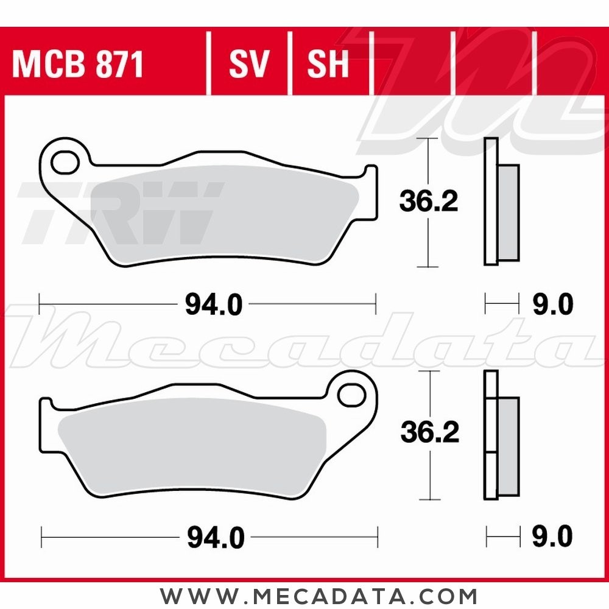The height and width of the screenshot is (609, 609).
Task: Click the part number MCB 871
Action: pos(78,64)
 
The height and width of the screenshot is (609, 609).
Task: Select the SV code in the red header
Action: pos(249,64)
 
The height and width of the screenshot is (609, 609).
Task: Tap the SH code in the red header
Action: pos(328,64)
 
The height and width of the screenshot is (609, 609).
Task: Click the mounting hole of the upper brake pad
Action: pos(65,163)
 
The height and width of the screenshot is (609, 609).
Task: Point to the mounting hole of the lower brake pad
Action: pos(351,395)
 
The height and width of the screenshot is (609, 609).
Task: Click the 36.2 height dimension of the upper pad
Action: pos(429,200)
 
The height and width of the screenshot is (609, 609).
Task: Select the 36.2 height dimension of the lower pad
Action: pos(430,432)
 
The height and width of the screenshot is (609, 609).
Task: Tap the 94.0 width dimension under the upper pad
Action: pos(214,304)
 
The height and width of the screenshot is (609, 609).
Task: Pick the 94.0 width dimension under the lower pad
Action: pos(216,538)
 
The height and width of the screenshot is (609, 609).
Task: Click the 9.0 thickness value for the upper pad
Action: pos(553,304)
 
